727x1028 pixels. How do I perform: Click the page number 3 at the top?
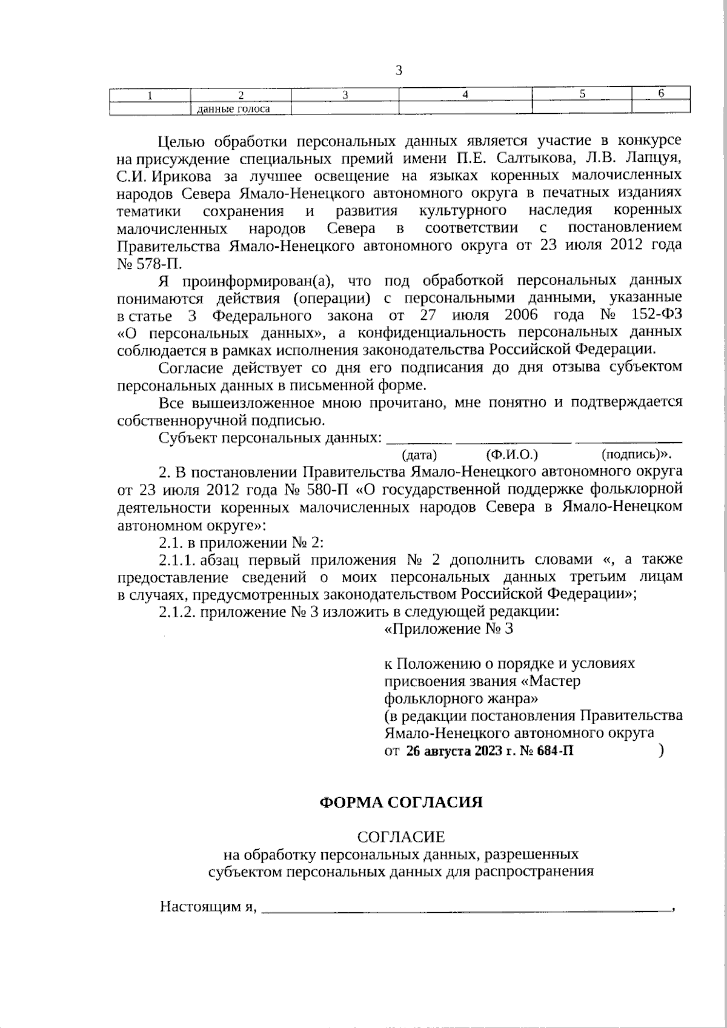point(399,70)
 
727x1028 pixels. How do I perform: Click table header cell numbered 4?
point(465,95)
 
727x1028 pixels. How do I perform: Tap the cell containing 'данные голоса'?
point(231,109)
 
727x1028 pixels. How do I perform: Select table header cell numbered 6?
point(661,94)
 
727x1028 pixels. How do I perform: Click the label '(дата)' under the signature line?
point(419,454)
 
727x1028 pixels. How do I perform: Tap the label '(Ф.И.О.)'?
point(512,454)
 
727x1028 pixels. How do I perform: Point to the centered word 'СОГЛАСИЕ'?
point(401,837)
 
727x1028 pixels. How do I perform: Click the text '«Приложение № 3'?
point(449,629)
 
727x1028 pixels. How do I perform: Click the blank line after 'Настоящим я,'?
point(466,908)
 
